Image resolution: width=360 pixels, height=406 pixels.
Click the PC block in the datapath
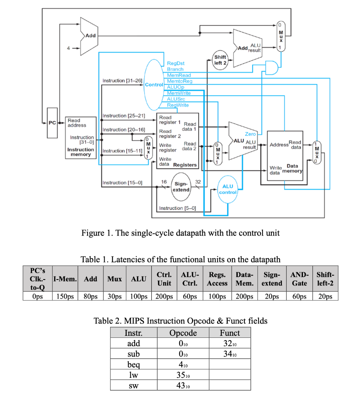tap(52, 123)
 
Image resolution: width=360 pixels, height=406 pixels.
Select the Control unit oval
tap(154, 84)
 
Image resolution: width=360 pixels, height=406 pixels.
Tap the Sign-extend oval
tap(181, 187)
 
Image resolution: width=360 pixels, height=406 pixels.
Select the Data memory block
tap(285, 155)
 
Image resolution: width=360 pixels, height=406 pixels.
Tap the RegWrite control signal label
tap(178, 105)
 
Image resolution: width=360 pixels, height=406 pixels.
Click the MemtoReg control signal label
tap(179, 81)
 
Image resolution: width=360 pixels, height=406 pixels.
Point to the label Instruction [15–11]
tap(122, 151)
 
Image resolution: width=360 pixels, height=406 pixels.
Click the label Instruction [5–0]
tap(177, 208)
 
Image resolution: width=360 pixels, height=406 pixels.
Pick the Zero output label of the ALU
tap(250, 134)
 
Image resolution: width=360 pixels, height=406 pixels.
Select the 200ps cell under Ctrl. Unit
tap(164, 296)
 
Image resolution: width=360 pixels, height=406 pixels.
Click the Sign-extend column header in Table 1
tap(272, 279)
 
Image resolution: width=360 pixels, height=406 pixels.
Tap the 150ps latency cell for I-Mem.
tap(65, 296)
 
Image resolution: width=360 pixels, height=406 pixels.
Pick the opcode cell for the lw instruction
tap(183, 374)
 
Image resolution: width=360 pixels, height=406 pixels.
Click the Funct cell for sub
tap(230, 354)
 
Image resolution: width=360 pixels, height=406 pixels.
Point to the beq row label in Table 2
tap(133, 364)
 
